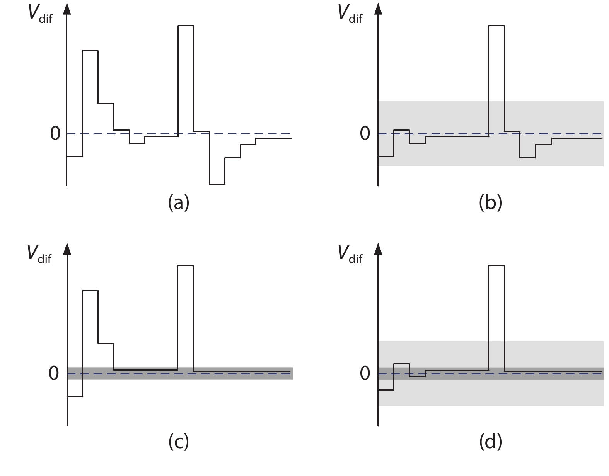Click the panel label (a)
179,203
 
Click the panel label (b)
490,203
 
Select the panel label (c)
179,442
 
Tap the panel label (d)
490,442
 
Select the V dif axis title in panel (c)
39,254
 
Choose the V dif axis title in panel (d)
350,254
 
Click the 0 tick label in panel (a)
55,134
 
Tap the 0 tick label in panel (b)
365,134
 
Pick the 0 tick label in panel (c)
54,374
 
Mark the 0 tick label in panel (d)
365,374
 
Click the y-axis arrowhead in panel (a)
67,8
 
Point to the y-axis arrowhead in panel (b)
378,8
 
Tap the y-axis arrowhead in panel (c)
67,249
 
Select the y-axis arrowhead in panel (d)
378,249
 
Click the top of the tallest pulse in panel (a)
186,26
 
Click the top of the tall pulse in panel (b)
496,26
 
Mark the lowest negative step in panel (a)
217,184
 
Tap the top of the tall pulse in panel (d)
496,265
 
